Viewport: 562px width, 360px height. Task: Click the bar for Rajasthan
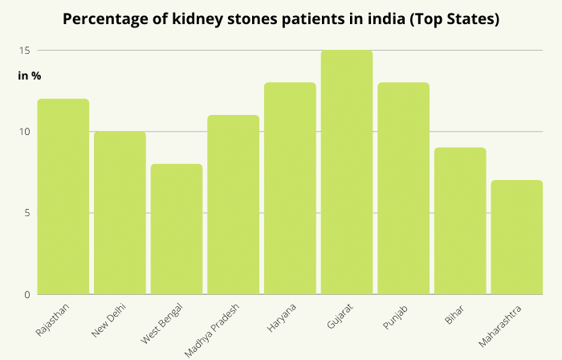pos(63,197)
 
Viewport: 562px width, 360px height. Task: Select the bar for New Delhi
pos(120,213)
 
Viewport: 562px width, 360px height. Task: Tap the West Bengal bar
pos(177,229)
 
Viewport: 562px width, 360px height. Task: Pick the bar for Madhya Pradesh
pos(233,205)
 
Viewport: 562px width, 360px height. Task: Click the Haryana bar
pos(290,189)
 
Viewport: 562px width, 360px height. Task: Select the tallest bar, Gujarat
pos(347,172)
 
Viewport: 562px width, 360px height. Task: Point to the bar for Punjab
pos(403,189)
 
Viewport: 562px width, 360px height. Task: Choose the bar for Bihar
pos(460,221)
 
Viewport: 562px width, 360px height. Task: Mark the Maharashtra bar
pos(517,237)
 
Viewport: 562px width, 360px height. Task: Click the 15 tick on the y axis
pos(25,51)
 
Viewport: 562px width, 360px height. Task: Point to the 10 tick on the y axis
pos(25,132)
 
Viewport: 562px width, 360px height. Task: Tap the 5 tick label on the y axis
pos(26,213)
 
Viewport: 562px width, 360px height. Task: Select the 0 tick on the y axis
pos(26,295)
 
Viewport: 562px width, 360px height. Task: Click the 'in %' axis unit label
pos(30,76)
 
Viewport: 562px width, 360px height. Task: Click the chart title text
pos(281,19)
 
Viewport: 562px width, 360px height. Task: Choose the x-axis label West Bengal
pos(165,321)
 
